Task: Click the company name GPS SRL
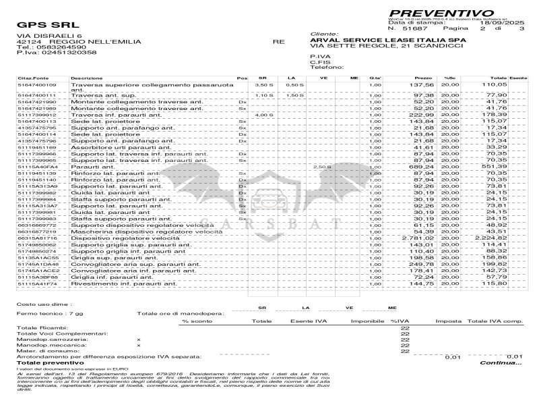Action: tap(40, 26)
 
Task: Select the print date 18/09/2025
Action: tap(504, 23)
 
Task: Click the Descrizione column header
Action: tap(87, 79)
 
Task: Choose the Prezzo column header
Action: tap(423, 79)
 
